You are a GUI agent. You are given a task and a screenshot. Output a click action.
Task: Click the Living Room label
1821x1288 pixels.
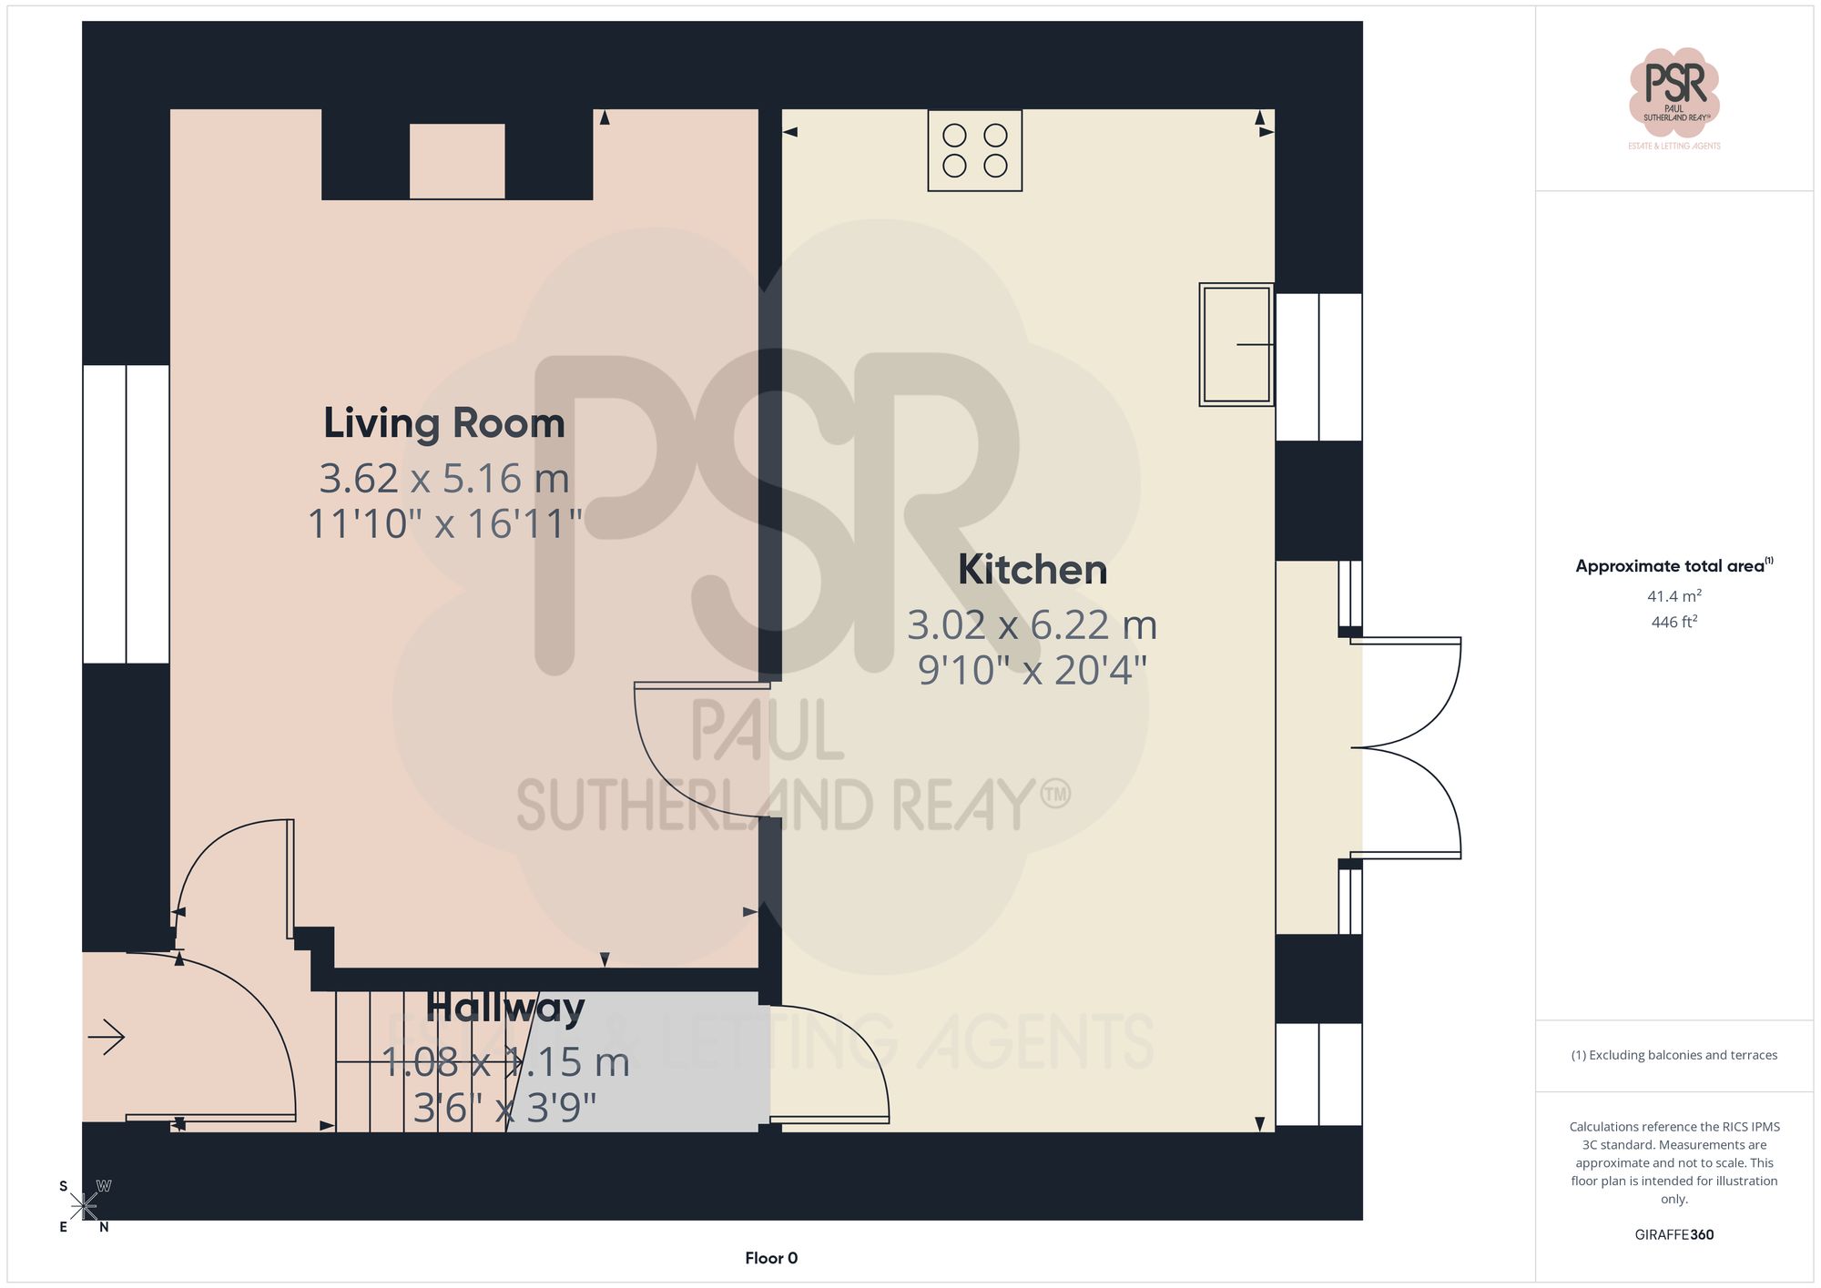(x=444, y=423)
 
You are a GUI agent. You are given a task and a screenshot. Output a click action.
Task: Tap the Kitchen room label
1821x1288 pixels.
(x=1033, y=570)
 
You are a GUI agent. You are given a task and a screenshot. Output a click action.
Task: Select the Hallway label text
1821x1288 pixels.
(x=505, y=1008)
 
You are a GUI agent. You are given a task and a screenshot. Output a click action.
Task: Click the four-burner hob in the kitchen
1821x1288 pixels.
(x=974, y=150)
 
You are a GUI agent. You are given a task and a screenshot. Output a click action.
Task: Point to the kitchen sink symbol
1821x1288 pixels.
(x=1236, y=344)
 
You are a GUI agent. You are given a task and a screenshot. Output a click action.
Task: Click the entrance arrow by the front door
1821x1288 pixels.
(x=107, y=1036)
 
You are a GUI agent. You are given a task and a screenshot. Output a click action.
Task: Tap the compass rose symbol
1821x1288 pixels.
(x=84, y=1207)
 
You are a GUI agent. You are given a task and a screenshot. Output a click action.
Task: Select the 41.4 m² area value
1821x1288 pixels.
(x=1673, y=596)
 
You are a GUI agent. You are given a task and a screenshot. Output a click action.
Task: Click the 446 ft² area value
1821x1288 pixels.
(x=1673, y=622)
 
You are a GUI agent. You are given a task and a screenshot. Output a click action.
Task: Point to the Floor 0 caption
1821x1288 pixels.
(x=770, y=1258)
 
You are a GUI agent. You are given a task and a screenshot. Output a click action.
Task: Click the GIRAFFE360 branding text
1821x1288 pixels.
(x=1673, y=1234)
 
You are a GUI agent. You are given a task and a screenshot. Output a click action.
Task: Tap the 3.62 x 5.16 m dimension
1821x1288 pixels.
(x=444, y=479)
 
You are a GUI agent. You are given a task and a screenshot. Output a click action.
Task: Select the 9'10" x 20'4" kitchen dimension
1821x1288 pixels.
(x=1033, y=671)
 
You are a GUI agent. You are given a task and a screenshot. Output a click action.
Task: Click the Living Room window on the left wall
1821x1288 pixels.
(x=126, y=514)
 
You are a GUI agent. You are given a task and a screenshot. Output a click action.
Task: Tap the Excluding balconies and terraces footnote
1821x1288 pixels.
(x=1673, y=1055)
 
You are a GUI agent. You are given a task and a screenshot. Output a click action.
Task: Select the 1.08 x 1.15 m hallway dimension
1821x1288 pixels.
(x=505, y=1062)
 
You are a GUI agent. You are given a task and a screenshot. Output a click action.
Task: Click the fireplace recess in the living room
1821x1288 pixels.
(x=457, y=161)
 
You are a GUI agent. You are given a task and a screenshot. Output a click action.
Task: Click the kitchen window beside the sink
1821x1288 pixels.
(x=1318, y=367)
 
